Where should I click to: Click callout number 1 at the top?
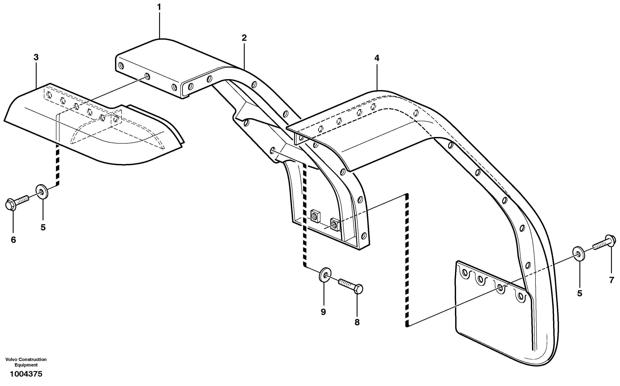click(159, 7)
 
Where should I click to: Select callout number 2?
click(244, 38)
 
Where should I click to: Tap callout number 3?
click(36, 57)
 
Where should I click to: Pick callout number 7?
click(611, 280)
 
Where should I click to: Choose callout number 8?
click(357, 322)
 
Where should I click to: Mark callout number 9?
click(323, 312)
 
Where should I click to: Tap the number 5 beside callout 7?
click(579, 293)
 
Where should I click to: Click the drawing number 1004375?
click(26, 374)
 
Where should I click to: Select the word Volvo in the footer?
click(11, 359)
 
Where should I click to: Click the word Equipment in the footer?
click(26, 365)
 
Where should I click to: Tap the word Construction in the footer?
click(32, 359)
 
